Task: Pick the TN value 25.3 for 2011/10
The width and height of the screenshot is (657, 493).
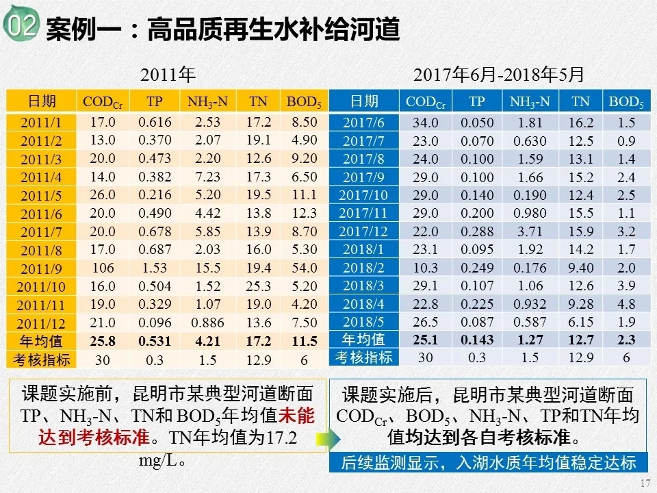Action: [259, 286]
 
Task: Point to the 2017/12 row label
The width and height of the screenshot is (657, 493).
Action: [363, 231]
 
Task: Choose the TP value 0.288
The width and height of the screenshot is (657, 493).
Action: [477, 231]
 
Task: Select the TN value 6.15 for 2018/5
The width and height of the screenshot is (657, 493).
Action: [581, 322]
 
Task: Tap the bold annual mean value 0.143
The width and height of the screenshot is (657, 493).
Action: [477, 340]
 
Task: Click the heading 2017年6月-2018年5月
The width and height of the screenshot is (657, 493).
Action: [500, 74]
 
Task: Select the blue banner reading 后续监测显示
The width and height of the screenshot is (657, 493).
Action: [489, 462]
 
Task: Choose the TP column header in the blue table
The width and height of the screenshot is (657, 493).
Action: [477, 102]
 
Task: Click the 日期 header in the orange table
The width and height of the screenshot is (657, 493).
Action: [41, 102]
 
